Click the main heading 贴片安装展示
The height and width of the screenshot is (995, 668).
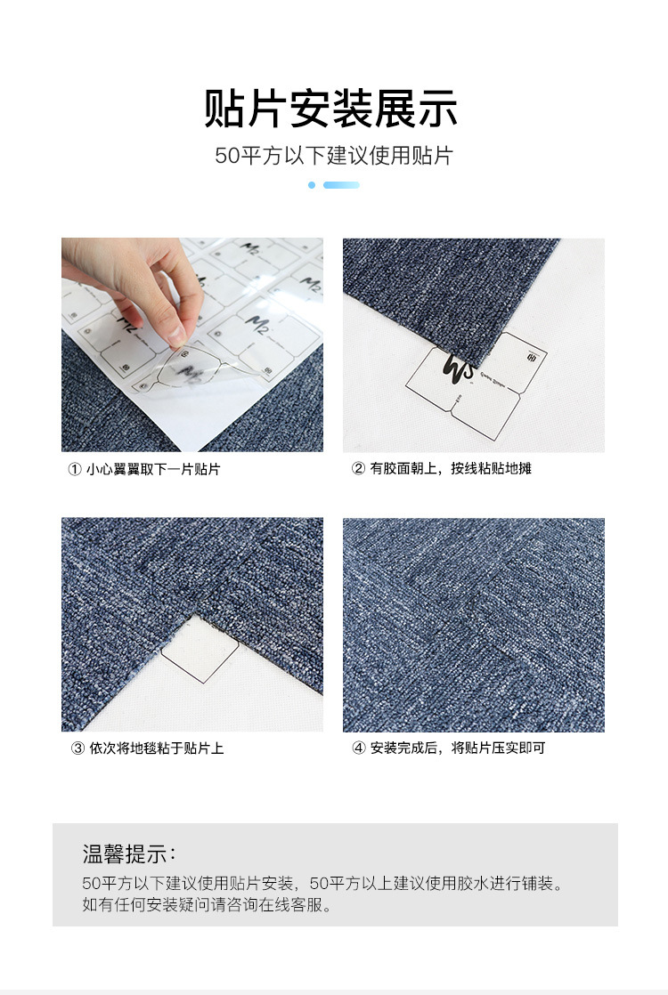point(331,109)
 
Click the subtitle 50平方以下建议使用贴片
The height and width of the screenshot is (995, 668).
point(334,156)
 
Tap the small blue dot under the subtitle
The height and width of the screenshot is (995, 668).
point(312,185)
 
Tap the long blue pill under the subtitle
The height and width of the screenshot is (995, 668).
point(341,185)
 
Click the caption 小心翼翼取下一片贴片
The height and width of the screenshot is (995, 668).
point(153,469)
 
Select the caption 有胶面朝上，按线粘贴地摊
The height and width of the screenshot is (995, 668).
point(451,468)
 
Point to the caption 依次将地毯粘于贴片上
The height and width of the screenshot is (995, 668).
point(156,748)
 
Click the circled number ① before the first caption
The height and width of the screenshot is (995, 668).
point(75,469)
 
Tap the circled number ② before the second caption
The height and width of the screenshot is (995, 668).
point(358,468)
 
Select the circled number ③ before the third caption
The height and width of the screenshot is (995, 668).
point(77,748)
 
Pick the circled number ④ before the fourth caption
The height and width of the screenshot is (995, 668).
point(359,748)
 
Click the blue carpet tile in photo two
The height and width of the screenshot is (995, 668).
point(436,285)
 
